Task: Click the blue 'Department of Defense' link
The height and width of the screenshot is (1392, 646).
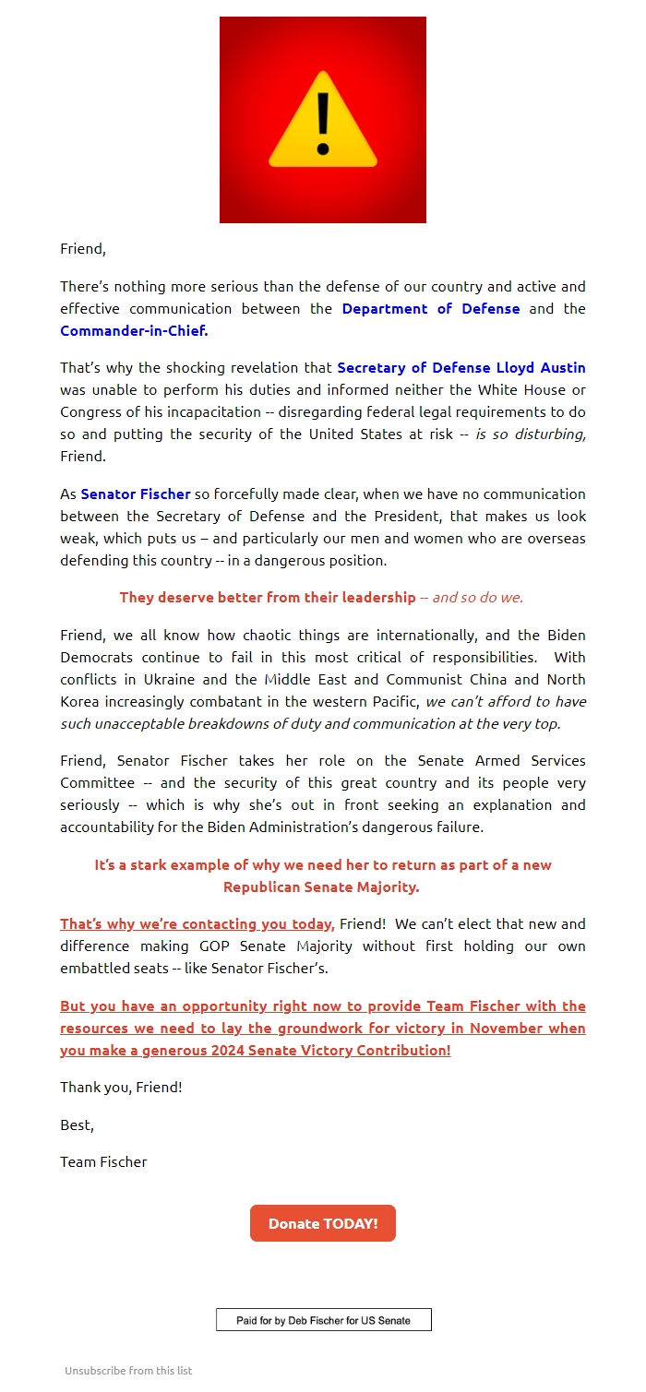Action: [x=431, y=309]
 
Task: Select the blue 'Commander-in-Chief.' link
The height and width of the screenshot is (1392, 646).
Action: [x=134, y=331]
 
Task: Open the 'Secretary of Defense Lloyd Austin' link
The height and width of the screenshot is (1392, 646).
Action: [x=461, y=368]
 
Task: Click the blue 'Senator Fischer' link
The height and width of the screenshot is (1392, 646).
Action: [x=136, y=494]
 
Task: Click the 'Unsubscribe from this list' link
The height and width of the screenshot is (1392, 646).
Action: [x=128, y=1371]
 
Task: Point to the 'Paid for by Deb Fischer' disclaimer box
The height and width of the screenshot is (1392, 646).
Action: [x=323, y=1320]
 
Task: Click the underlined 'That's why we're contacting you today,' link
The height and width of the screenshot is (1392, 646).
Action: [x=197, y=924]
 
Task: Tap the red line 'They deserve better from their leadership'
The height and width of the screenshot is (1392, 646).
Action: [x=268, y=598]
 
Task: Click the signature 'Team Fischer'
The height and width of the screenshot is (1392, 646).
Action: [x=103, y=1162]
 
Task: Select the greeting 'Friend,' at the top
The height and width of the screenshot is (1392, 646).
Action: [x=83, y=249]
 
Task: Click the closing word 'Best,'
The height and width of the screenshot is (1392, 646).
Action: [x=77, y=1125]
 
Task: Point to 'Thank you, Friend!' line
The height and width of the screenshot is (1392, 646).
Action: [x=121, y=1088]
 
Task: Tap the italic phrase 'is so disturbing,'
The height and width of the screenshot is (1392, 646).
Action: [x=531, y=434]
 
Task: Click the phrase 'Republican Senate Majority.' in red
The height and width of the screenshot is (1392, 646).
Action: [x=321, y=887]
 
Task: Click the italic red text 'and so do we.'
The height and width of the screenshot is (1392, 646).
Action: [x=478, y=598]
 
